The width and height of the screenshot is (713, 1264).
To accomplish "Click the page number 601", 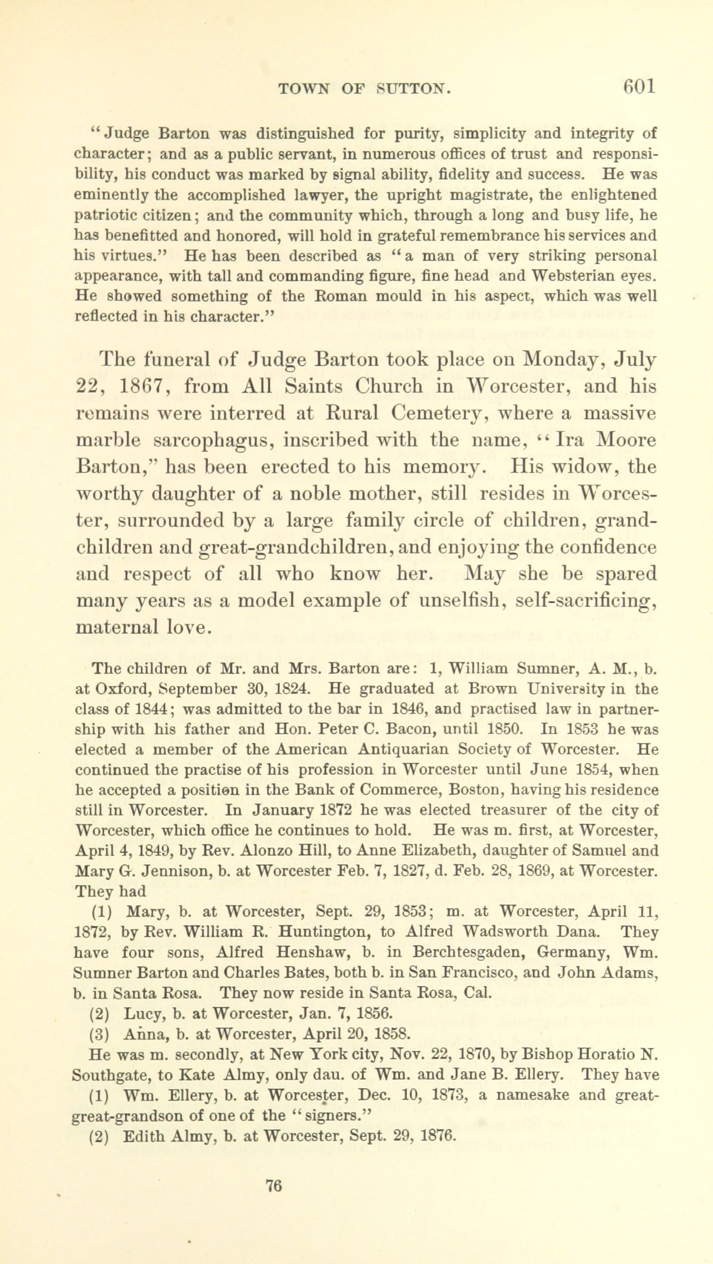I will [x=640, y=86].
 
